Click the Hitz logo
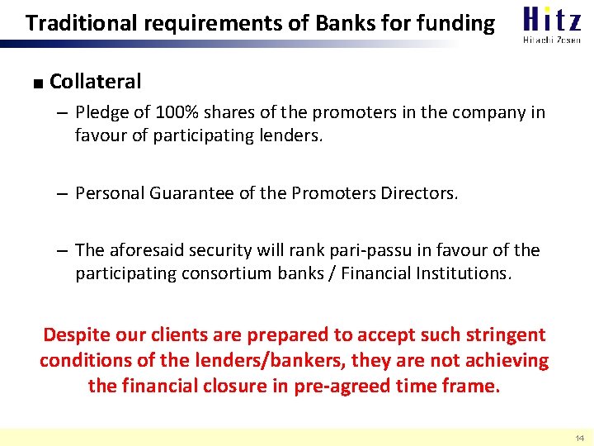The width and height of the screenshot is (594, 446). pyautogui.click(x=552, y=18)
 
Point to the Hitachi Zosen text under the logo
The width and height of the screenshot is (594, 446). pyautogui.click(x=552, y=39)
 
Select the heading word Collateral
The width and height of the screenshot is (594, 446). pyautogui.click(x=96, y=81)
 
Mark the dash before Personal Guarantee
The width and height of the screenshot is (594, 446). pyautogui.click(x=63, y=193)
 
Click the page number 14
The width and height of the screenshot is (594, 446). pyautogui.click(x=578, y=438)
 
